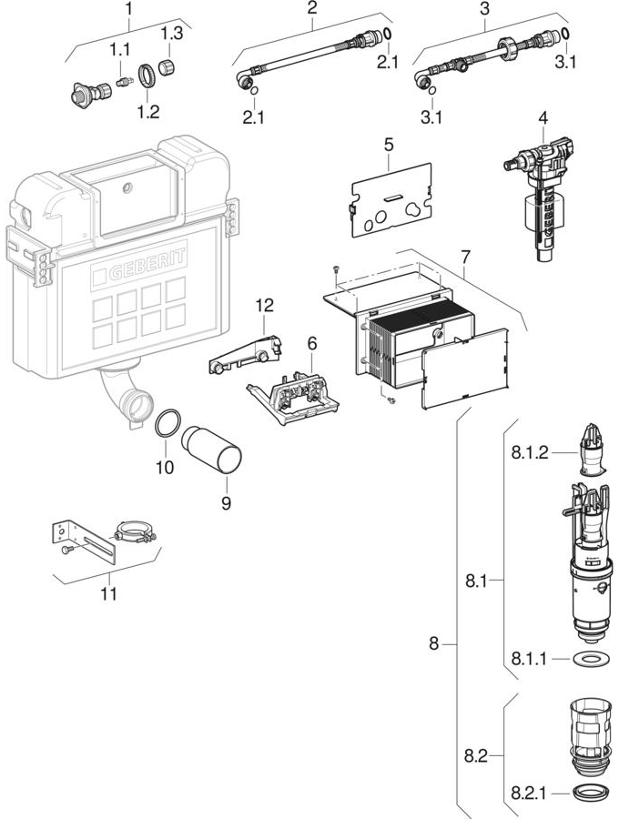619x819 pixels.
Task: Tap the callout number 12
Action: coord(264,305)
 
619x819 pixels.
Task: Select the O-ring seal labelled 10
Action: coord(167,423)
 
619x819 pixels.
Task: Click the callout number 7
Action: coord(465,257)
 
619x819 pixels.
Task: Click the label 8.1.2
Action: coord(530,452)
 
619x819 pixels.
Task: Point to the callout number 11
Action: coord(109,594)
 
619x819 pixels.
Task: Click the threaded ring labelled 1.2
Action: coord(147,76)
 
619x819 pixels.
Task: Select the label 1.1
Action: coord(119,51)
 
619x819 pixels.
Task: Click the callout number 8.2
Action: coord(475,755)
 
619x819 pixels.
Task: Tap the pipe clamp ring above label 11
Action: coord(135,531)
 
